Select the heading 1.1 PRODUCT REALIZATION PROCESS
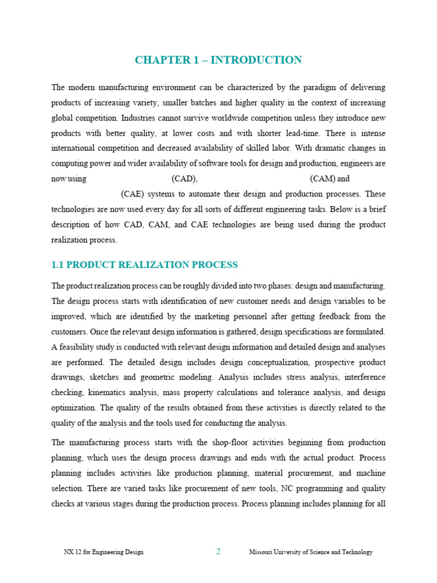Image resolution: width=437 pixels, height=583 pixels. click(x=145, y=265)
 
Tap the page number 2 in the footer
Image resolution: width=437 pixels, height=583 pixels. click(x=218, y=552)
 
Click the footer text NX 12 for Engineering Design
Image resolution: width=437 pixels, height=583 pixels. click(x=103, y=552)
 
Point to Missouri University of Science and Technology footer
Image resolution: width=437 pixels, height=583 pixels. click(x=311, y=552)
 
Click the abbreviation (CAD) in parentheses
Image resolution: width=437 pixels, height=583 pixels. click(x=184, y=179)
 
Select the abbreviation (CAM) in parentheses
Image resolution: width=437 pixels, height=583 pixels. click(x=323, y=179)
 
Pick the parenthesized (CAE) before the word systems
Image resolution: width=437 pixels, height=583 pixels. click(x=132, y=194)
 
